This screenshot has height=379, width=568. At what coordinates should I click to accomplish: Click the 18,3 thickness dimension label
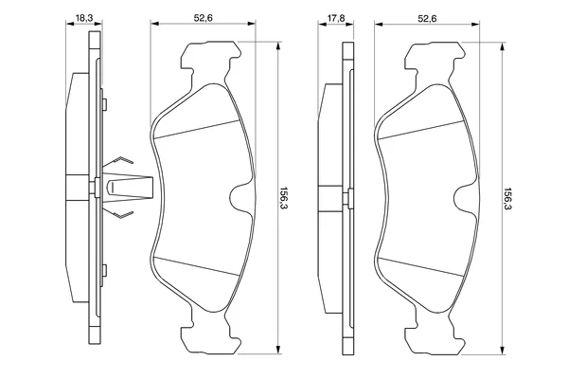[x=84, y=17]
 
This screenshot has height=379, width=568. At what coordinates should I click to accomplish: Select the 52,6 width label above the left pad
[x=203, y=17]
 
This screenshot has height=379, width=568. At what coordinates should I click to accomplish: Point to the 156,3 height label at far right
[x=507, y=200]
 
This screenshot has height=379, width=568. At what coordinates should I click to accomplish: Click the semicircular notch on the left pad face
[x=237, y=198]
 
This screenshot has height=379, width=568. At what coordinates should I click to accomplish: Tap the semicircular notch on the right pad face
[x=461, y=198]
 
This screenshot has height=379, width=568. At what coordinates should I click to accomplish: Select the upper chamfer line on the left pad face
[x=197, y=129]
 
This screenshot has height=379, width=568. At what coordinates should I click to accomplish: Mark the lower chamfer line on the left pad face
[x=197, y=266]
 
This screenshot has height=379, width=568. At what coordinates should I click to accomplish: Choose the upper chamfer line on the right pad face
[x=420, y=129]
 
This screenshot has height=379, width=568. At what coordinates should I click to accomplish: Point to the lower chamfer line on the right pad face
[x=420, y=266]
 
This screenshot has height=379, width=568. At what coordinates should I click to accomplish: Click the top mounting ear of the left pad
[x=210, y=58]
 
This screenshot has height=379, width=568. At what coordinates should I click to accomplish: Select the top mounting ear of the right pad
[x=434, y=58]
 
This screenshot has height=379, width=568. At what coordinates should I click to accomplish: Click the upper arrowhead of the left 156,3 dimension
[x=277, y=45]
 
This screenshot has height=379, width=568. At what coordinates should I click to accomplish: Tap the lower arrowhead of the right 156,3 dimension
[x=502, y=350]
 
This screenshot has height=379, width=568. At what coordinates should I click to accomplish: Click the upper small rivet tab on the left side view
[x=104, y=104]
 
